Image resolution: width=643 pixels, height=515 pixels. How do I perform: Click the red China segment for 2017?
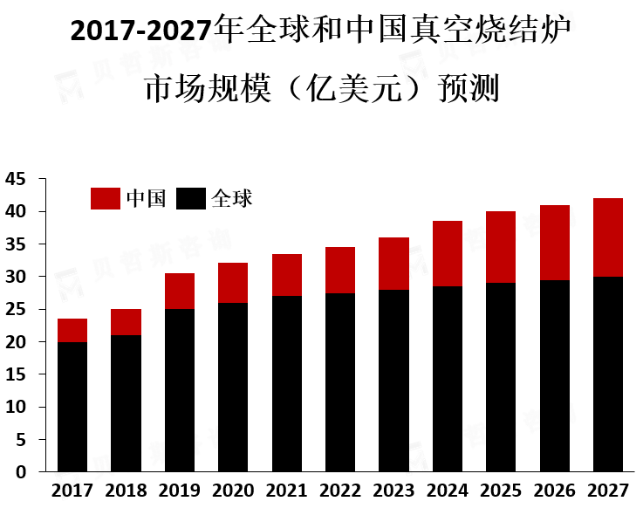(72, 330)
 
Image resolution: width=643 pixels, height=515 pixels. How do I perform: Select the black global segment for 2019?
(179, 390)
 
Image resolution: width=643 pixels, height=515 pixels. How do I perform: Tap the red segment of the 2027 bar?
(607, 237)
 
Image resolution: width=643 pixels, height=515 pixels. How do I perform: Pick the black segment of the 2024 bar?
(448, 379)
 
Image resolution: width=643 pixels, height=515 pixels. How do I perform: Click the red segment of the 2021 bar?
(286, 275)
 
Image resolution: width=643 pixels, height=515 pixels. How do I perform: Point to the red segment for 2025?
(501, 247)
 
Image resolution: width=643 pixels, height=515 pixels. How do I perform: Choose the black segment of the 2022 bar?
(340, 382)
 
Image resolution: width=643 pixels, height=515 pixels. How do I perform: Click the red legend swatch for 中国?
(106, 198)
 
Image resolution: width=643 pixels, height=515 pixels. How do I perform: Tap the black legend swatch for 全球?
(191, 198)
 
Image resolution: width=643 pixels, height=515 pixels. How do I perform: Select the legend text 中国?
(146, 198)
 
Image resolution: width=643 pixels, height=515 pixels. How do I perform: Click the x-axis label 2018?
(126, 491)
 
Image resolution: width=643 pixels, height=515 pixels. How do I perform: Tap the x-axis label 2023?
(393, 491)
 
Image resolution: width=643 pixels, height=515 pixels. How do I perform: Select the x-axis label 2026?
(554, 491)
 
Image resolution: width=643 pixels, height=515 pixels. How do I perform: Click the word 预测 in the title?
(469, 88)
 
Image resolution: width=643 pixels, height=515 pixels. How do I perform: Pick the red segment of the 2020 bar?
(233, 283)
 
